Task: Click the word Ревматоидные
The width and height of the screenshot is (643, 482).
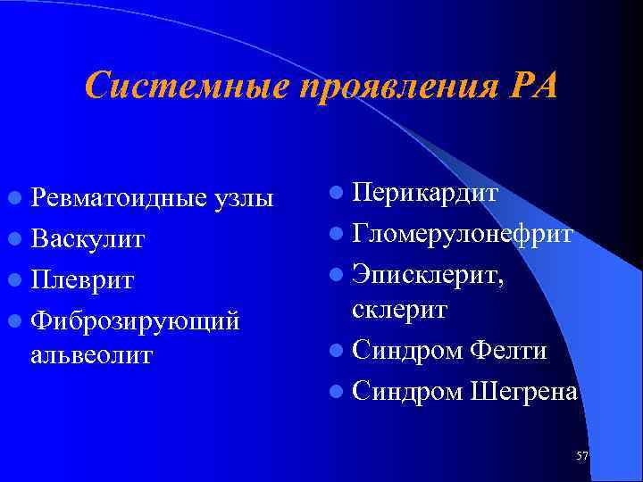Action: click(120, 199)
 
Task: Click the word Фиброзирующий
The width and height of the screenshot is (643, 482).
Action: click(134, 320)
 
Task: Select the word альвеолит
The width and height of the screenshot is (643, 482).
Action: click(91, 354)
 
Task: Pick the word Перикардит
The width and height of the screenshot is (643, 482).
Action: click(425, 193)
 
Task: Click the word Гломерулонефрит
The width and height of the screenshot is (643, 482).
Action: click(463, 233)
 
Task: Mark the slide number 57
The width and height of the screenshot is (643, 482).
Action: click(582, 456)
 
